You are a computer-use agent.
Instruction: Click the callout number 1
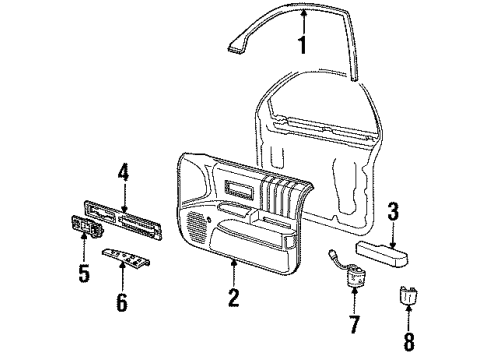[x=301, y=44]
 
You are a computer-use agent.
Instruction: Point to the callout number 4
[x=124, y=172]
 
